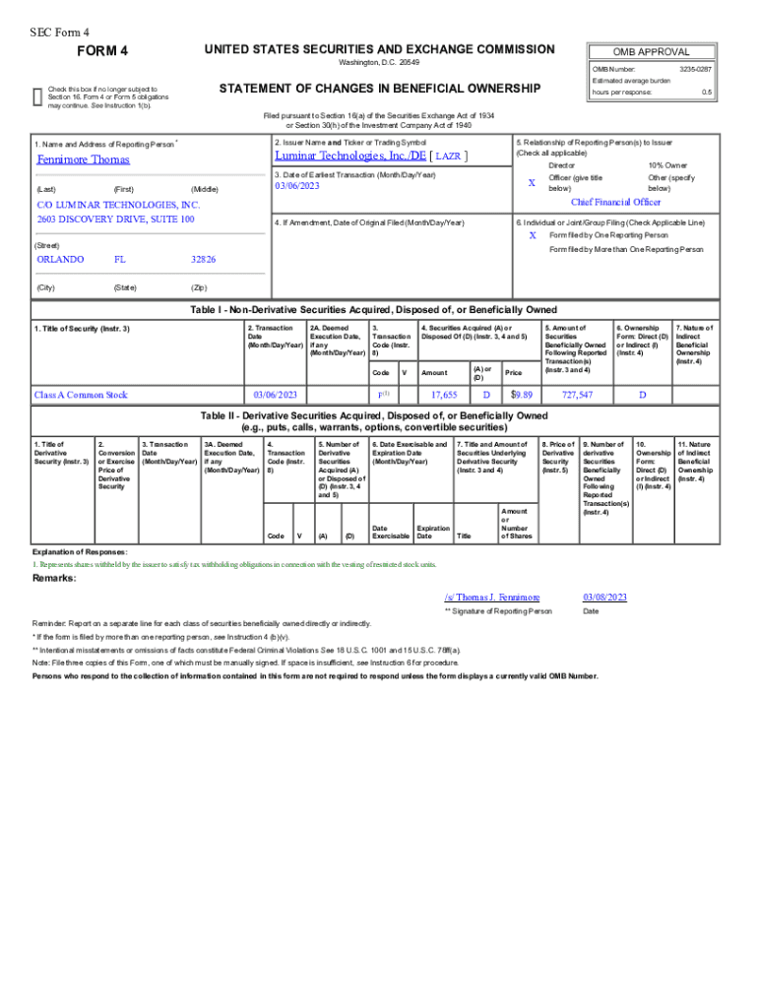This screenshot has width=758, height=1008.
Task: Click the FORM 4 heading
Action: click(102, 51)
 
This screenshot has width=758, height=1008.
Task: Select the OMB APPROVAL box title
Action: click(651, 52)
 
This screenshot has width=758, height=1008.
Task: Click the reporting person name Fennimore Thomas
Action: click(83, 159)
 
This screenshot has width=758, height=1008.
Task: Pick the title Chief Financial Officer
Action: click(616, 202)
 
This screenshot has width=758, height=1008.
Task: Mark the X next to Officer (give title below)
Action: click(532, 183)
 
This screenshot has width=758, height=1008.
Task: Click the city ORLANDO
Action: click(60, 260)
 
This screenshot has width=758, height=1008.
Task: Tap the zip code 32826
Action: click(204, 260)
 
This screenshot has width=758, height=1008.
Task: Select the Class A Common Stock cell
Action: click(81, 395)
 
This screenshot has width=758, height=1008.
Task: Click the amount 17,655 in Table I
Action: click(444, 395)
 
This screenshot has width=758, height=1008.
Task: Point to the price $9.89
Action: click(522, 395)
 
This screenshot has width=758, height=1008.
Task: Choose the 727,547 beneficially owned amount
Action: click(577, 395)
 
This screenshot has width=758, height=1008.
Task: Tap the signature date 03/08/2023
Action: click(604, 598)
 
